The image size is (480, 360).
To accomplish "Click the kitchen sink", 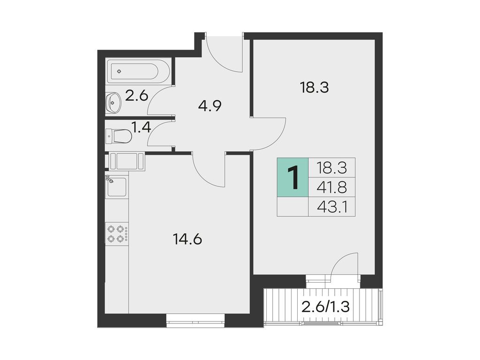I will (x=117, y=186).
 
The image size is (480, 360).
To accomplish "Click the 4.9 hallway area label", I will (x=209, y=105).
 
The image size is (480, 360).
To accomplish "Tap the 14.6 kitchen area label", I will (x=187, y=240).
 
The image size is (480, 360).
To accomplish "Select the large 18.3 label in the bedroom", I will (x=314, y=87).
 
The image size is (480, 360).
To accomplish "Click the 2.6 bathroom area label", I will (x=136, y=96).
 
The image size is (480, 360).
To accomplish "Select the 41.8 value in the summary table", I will (x=331, y=187).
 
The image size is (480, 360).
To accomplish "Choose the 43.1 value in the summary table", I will (x=331, y=207).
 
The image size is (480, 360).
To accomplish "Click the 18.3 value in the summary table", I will (x=331, y=167).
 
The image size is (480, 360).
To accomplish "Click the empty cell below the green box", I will (x=292, y=207).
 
